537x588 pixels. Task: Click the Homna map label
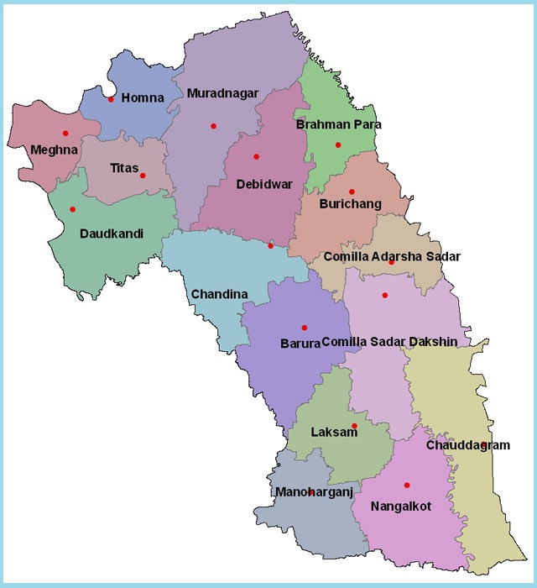[143, 98]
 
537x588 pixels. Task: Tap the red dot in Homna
[111, 99]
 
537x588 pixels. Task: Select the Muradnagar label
[222, 92]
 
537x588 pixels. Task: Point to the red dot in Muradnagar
[213, 126]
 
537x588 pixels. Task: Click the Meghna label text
[54, 150]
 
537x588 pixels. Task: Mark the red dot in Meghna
[65, 133]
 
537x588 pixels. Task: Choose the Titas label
[124, 168]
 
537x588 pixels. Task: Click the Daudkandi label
[111, 233]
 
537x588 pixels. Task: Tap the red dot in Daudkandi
[72, 209]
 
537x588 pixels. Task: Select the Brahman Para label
[338, 124]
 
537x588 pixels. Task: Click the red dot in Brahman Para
[338, 145]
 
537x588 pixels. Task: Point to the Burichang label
[350, 203]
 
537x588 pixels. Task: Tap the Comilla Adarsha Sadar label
[392, 256]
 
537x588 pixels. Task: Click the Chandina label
[219, 294]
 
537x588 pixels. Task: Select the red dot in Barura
[304, 328]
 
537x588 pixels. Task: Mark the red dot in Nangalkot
[407, 485]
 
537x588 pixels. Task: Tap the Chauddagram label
[467, 445]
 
